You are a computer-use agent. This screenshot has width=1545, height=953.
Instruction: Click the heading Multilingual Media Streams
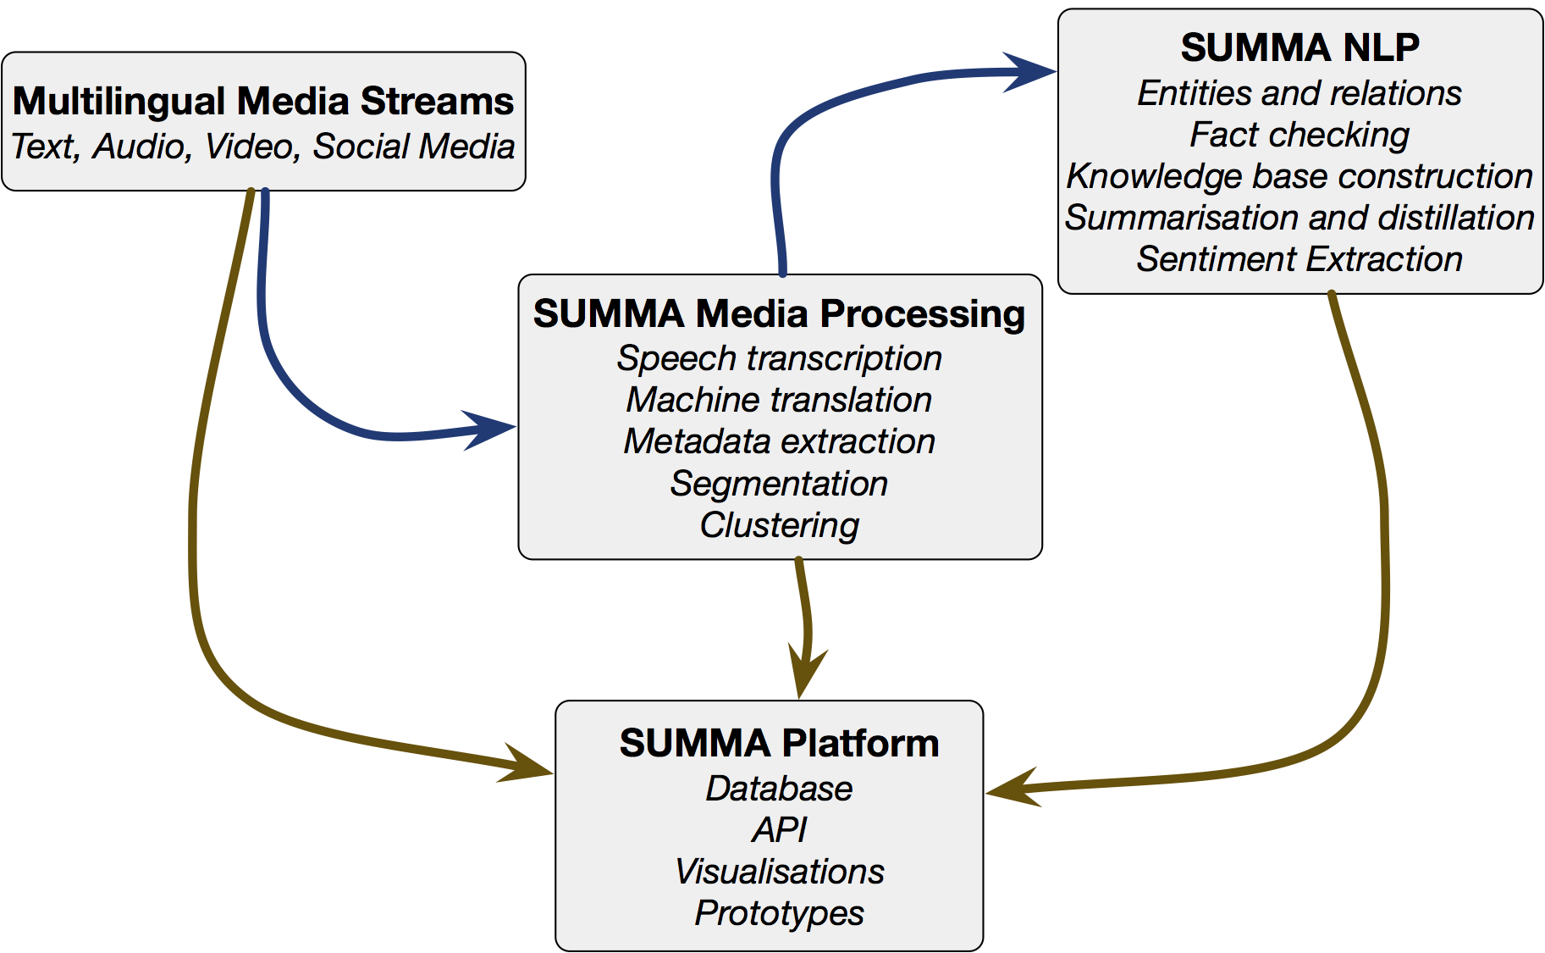tap(263, 101)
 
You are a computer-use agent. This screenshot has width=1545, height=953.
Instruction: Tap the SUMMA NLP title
tap(1299, 47)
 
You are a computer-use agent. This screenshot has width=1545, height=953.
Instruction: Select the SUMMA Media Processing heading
tap(779, 313)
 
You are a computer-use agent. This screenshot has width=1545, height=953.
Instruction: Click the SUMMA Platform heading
tap(779, 743)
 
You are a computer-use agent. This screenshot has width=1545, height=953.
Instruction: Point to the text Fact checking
tap(1299, 135)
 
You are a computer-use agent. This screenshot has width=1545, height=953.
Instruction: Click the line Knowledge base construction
tap(1299, 176)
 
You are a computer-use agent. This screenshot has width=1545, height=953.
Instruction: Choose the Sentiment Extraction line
tap(1299, 259)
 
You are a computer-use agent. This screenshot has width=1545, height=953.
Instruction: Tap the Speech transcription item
tap(779, 358)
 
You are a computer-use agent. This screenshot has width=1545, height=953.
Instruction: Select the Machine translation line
tap(779, 400)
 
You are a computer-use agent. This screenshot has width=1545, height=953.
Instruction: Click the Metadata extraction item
tap(779, 441)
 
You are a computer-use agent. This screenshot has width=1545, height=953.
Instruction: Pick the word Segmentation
tap(779, 484)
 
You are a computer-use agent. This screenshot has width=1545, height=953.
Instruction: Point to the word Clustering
tap(779, 525)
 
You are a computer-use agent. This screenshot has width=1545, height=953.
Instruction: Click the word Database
tap(779, 789)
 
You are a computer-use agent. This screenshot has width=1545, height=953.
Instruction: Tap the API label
tap(779, 830)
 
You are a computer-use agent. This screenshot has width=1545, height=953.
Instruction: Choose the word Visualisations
tap(779, 872)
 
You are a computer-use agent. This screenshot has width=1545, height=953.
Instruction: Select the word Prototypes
tap(779, 913)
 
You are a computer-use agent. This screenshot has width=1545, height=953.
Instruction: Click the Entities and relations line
tap(1299, 93)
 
